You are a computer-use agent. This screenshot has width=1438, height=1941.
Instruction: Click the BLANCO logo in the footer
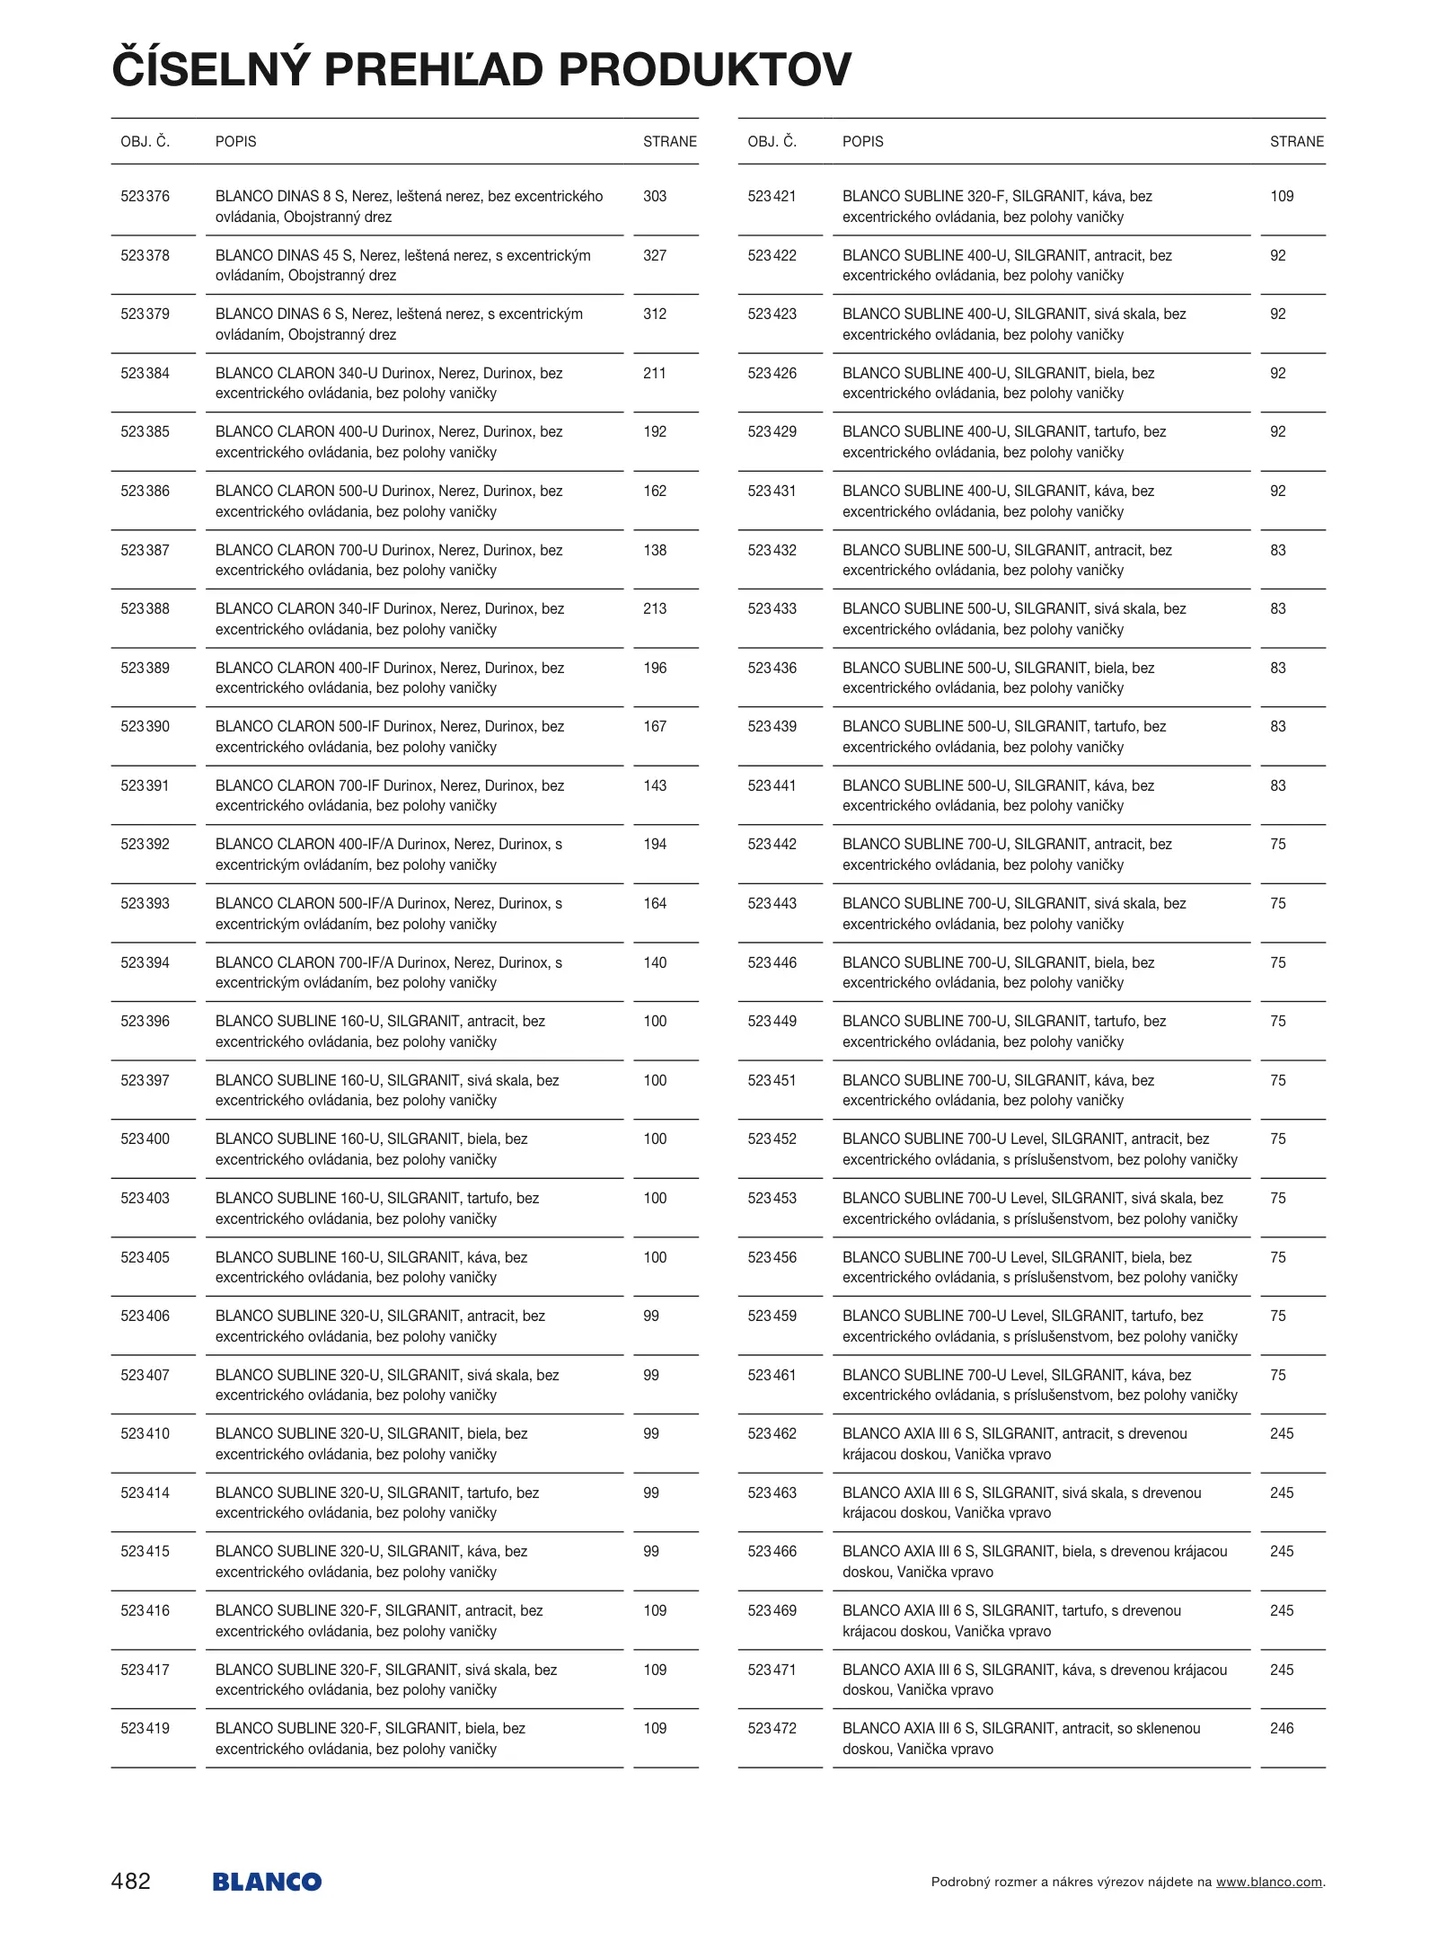click(x=267, y=1881)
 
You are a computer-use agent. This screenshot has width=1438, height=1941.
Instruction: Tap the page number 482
click(x=131, y=1881)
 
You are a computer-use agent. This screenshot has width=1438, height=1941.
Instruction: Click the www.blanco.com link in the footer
click(x=1268, y=1882)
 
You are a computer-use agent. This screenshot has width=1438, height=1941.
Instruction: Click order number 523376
click(x=145, y=196)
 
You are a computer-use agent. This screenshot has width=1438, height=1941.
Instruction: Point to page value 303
click(x=655, y=196)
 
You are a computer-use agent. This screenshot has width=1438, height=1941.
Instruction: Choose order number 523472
click(x=772, y=1728)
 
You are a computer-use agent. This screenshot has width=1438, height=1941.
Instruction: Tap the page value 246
click(x=1282, y=1728)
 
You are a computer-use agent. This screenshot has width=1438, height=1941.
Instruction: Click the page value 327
click(x=655, y=255)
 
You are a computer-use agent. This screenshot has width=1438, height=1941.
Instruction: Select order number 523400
click(x=145, y=1139)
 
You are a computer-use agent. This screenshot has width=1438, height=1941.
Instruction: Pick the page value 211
click(x=655, y=373)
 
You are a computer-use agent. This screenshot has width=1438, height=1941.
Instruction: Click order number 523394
click(x=145, y=962)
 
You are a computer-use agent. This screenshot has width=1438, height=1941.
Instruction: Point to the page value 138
click(x=655, y=550)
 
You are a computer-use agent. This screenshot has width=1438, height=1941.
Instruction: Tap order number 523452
click(x=772, y=1139)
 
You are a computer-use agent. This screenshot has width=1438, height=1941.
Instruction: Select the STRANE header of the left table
click(x=669, y=141)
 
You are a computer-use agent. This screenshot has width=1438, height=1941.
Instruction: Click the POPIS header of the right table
click(x=862, y=141)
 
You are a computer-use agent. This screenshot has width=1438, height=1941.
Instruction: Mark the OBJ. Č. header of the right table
click(x=772, y=141)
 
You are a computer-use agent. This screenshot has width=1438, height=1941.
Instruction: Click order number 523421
click(x=772, y=196)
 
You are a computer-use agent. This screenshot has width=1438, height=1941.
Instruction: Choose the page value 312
click(x=655, y=314)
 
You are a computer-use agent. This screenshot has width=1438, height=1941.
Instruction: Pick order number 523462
click(x=772, y=1433)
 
